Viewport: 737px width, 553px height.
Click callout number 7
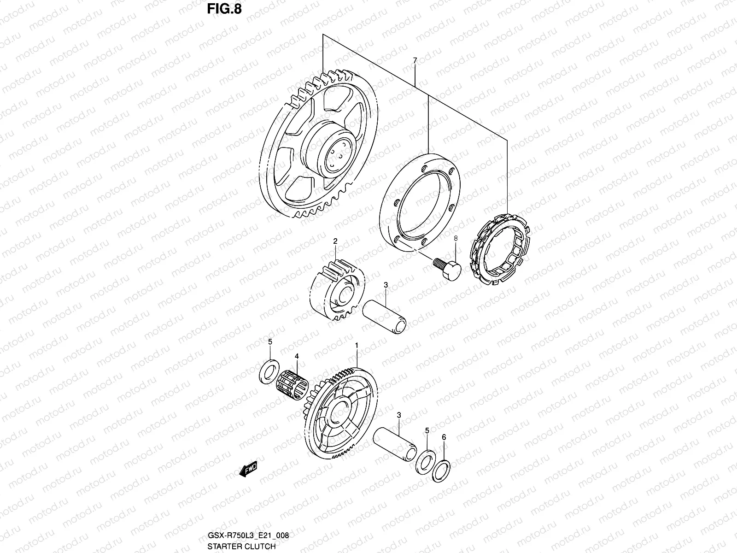(415, 60)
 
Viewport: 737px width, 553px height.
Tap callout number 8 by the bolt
(456, 238)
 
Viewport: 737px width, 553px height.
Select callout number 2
(335, 241)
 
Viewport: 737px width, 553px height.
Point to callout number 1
(356, 345)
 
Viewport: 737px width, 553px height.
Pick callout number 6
(444, 436)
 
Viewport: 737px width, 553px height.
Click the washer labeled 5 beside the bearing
(269, 371)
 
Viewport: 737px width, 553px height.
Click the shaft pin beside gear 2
(385, 315)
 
